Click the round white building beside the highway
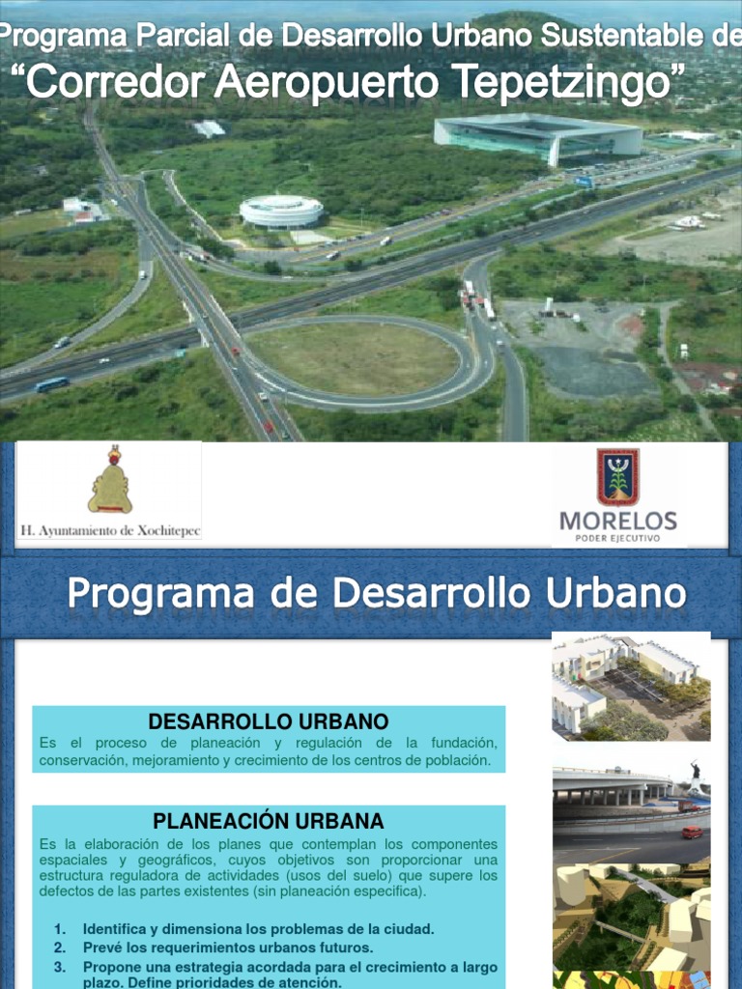tap(281, 212)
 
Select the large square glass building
tap(537, 136)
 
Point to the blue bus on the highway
tap(52, 383)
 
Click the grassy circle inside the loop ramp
tap(354, 357)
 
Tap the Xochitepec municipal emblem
tap(110, 480)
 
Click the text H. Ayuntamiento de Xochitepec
tap(110, 530)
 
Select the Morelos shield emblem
tap(617, 477)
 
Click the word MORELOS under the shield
tap(617, 521)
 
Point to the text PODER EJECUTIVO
tap(617, 538)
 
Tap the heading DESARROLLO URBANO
tap(269, 721)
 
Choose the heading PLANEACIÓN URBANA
tap(269, 821)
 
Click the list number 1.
tap(59, 929)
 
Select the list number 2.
tap(59, 947)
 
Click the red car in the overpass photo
tap(692, 832)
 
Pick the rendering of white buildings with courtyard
tap(631, 687)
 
